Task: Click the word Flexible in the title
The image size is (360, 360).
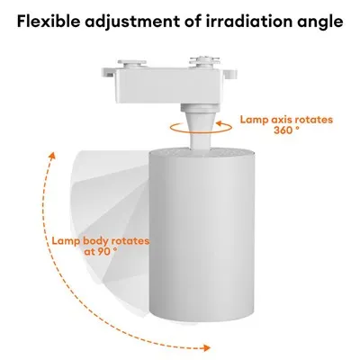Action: [x=49, y=21]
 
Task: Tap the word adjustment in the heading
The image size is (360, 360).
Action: [x=132, y=22]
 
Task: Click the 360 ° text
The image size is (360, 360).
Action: [x=286, y=130]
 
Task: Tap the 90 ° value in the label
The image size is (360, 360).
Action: [x=101, y=251]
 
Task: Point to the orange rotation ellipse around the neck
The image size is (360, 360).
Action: [x=201, y=128]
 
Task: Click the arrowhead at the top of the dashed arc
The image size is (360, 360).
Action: [x=52, y=155]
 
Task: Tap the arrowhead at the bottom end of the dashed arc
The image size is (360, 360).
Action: [x=206, y=348]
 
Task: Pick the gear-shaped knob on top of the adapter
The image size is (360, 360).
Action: [x=204, y=61]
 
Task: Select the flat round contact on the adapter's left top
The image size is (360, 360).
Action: [x=131, y=64]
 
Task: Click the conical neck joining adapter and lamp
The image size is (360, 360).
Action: [x=197, y=125]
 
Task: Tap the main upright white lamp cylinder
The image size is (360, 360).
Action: [x=202, y=235]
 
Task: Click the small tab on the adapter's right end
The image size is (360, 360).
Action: [x=230, y=74]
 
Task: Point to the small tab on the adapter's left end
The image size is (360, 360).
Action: [x=108, y=73]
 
